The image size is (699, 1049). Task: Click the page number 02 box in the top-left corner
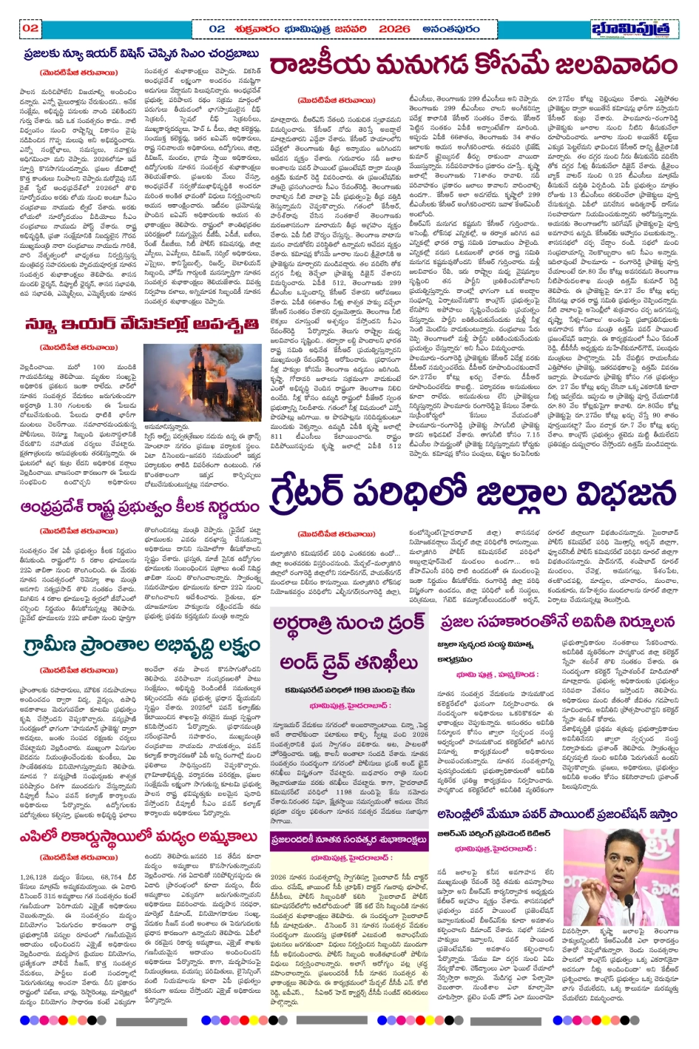click(x=30, y=28)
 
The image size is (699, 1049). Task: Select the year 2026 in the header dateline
click(x=394, y=29)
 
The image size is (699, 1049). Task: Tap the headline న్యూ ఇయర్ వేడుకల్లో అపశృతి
click(x=141, y=324)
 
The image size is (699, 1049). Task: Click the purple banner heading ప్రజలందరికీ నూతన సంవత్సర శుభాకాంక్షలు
click(x=349, y=840)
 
